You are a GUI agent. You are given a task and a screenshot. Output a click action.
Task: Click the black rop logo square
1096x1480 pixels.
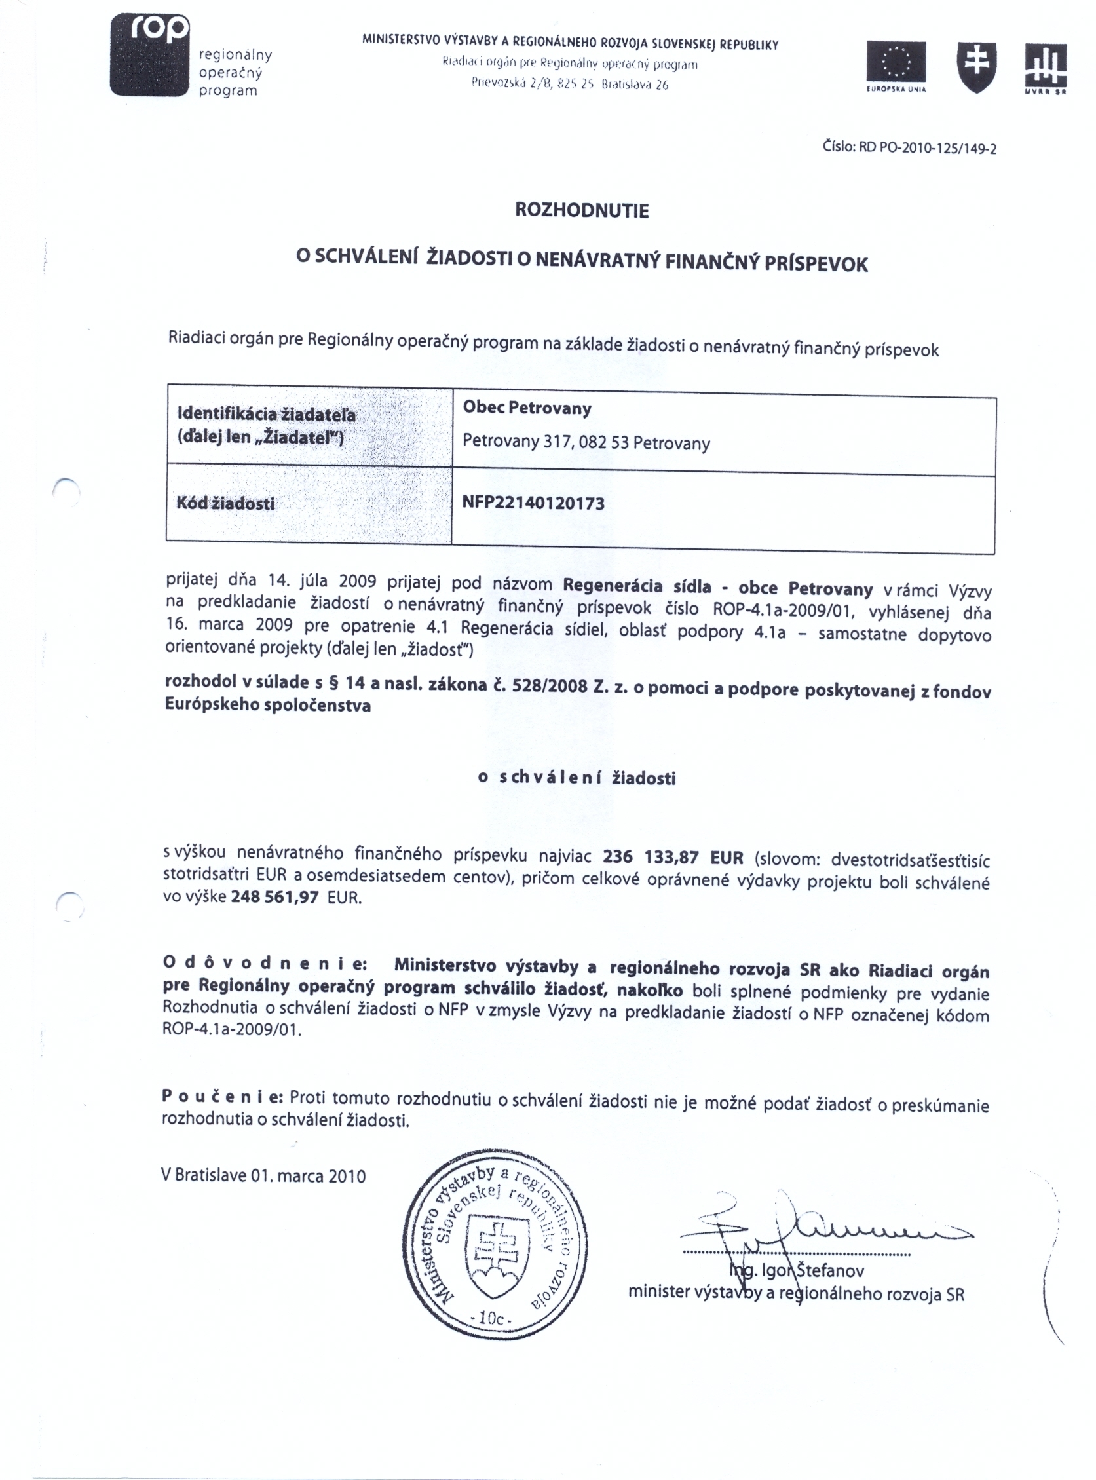tap(151, 55)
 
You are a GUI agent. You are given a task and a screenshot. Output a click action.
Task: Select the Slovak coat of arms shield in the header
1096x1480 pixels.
tap(976, 66)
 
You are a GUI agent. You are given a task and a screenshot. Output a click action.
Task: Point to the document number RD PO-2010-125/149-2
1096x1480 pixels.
tap(909, 147)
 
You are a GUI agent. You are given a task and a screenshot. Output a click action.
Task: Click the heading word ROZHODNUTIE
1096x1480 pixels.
tap(582, 211)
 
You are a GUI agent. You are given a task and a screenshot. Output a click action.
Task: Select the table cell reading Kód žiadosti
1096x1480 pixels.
tap(225, 504)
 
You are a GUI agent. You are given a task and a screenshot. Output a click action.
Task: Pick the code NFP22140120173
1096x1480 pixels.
tap(533, 503)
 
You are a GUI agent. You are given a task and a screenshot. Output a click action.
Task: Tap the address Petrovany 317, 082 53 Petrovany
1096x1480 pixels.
tap(586, 442)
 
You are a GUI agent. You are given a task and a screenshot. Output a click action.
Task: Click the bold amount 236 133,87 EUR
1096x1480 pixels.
tap(673, 857)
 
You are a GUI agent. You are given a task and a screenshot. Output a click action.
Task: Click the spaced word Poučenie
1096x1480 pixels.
tap(222, 1096)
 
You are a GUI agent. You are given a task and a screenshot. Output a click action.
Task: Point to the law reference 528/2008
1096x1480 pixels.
tap(550, 685)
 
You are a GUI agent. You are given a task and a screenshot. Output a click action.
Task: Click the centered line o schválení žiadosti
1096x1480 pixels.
tap(576, 778)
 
